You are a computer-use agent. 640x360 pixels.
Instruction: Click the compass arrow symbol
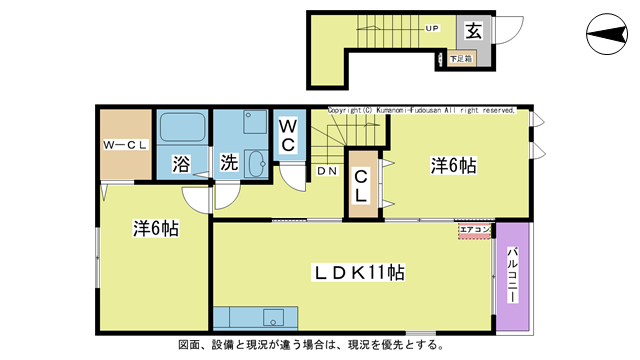click(x=607, y=37)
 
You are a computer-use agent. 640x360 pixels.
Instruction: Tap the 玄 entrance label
click(x=473, y=31)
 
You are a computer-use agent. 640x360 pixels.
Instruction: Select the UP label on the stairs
click(x=433, y=28)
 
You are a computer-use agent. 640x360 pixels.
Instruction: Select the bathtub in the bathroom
click(x=181, y=128)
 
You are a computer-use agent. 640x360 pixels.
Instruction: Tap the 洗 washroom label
click(x=229, y=163)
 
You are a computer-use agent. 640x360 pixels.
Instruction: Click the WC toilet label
click(x=287, y=135)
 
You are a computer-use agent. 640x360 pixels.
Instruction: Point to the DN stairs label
click(x=327, y=171)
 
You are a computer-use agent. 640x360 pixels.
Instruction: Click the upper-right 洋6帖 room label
click(x=453, y=166)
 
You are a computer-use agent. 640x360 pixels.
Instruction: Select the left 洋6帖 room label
click(x=156, y=228)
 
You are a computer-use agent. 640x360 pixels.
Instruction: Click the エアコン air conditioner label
click(x=475, y=231)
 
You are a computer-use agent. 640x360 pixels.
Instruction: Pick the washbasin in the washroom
click(x=254, y=164)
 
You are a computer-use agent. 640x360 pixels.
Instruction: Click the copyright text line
click(x=421, y=110)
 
